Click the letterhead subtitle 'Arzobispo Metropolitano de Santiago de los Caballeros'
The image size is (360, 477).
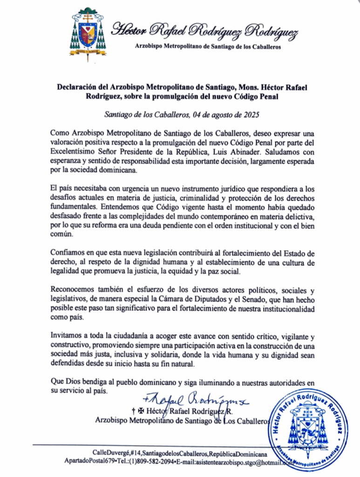[208, 47]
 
